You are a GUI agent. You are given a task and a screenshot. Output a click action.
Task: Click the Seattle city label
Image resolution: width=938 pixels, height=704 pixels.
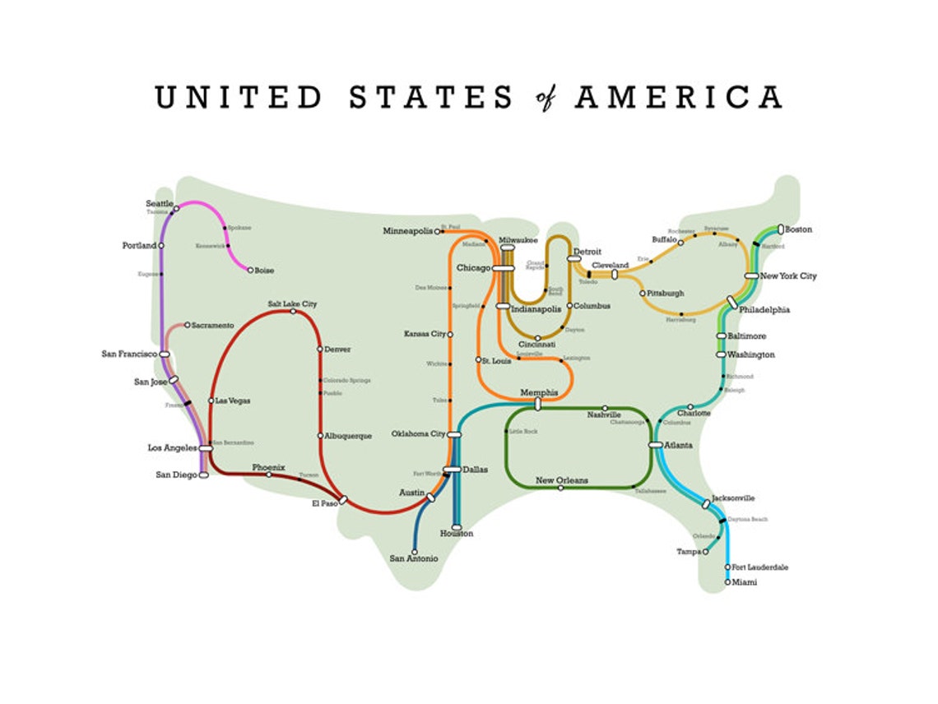click(160, 203)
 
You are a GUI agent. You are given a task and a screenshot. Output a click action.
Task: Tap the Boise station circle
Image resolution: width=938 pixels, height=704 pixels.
click(250, 270)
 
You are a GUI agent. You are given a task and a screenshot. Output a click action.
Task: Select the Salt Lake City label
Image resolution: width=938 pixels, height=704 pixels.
click(292, 303)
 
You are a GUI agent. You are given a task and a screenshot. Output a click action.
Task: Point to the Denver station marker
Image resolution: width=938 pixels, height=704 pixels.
click(320, 349)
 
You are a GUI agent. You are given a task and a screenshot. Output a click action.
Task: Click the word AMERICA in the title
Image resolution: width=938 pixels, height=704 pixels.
click(678, 97)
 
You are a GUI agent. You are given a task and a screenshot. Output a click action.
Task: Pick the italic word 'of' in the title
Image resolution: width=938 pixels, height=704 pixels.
click(545, 97)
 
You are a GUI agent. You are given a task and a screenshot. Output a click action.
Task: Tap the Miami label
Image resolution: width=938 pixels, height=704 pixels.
click(745, 582)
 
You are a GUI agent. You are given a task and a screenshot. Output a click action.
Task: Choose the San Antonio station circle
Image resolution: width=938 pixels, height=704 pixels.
click(414, 552)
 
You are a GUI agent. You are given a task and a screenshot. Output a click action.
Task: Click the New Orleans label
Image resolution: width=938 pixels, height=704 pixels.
click(561, 480)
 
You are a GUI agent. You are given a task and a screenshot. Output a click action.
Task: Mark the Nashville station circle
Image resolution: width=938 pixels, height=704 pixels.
click(605, 408)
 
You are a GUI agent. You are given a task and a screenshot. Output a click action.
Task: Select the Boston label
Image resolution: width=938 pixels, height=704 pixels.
click(798, 229)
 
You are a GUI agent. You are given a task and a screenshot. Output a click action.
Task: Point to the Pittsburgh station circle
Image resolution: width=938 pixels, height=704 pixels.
click(643, 293)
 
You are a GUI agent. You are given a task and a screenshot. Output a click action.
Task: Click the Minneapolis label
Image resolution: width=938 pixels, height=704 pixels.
click(407, 231)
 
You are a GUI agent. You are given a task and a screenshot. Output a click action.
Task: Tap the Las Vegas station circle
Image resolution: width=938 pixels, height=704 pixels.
click(211, 401)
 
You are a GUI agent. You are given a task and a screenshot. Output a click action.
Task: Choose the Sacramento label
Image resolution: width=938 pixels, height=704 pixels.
click(213, 325)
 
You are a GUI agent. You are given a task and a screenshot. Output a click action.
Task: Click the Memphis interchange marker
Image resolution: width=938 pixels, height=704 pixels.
click(538, 404)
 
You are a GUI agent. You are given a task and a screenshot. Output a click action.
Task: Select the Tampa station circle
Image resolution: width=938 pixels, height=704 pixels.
click(705, 552)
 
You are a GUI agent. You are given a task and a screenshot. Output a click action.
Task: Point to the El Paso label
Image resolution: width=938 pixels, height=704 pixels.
click(324, 503)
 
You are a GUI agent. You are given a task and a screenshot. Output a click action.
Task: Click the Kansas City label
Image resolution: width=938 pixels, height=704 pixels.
click(425, 334)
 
